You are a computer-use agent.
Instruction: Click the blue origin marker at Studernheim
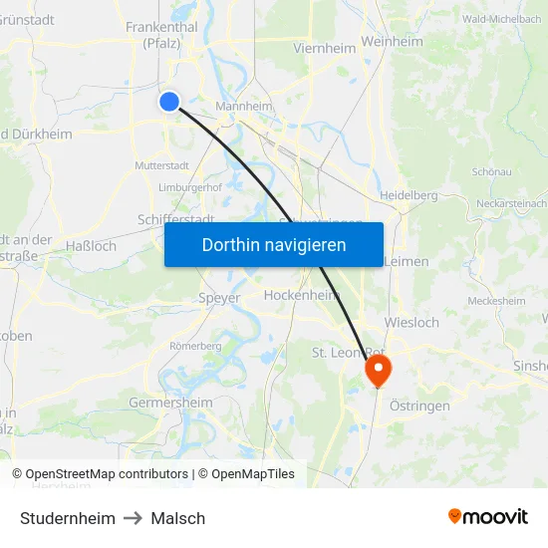[x=169, y=101]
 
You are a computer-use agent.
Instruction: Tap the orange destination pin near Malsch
[x=379, y=371]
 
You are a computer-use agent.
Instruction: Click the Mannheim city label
[x=244, y=107]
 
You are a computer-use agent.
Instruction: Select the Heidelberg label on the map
[x=409, y=195]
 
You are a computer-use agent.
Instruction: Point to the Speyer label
[x=219, y=297]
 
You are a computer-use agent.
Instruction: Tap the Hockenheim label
[x=302, y=295]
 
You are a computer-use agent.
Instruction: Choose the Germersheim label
[x=170, y=403]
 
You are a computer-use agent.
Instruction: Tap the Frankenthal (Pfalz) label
[x=160, y=35]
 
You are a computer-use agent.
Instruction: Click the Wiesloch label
[x=411, y=323]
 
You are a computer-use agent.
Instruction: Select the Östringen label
[x=418, y=406]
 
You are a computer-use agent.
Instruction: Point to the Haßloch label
[x=91, y=245]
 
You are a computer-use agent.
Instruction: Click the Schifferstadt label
[x=175, y=219]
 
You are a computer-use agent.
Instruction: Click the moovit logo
[x=488, y=516]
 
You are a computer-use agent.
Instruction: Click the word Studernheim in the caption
[x=67, y=518]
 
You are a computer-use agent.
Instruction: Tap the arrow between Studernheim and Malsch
[x=134, y=518]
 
